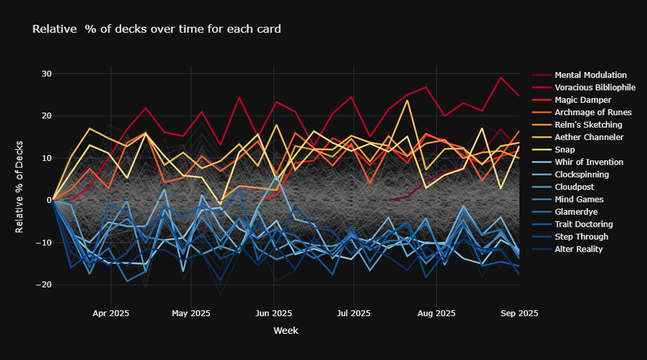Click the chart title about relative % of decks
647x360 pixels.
coord(156,29)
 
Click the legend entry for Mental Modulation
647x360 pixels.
coord(590,75)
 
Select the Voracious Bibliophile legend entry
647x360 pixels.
coord(595,88)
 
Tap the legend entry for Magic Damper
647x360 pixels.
coord(583,100)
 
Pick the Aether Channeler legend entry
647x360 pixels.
coord(589,137)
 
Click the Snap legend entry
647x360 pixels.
coord(565,150)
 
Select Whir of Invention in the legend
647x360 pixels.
coord(589,162)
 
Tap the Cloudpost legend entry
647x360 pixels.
coord(573,187)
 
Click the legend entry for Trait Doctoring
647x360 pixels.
coord(584,225)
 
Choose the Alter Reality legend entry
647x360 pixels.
coord(579,249)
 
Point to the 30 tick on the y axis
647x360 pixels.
coord(45,73)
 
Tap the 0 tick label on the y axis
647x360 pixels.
coord(48,200)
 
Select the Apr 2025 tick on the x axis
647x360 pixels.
coord(111,314)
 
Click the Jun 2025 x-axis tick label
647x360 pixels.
coord(273,314)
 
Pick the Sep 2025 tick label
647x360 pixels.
coord(519,314)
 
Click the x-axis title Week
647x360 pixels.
coord(285,331)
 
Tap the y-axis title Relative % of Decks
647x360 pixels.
coord(20,186)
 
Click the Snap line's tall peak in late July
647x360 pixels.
coord(408,100)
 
